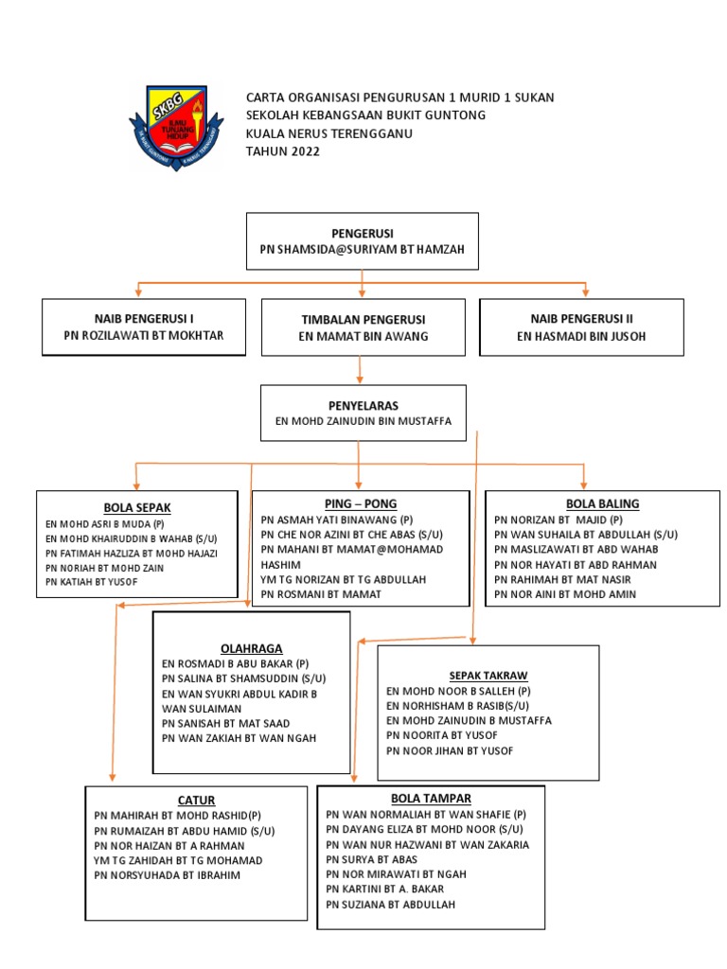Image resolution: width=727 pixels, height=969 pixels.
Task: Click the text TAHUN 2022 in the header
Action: pyautogui.click(x=283, y=151)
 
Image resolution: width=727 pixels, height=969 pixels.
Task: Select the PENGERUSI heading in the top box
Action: pyautogui.click(x=362, y=233)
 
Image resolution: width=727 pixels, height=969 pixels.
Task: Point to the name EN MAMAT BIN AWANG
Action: pyautogui.click(x=363, y=336)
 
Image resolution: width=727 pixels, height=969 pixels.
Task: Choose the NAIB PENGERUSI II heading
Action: pyautogui.click(x=581, y=319)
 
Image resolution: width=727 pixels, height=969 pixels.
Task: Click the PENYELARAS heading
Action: pyautogui.click(x=363, y=405)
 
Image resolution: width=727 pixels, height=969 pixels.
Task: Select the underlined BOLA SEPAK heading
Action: pyautogui.click(x=137, y=507)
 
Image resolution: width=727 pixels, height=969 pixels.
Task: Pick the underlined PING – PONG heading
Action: pyautogui.click(x=360, y=502)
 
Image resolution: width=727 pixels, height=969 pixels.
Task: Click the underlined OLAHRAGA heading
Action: pyautogui.click(x=252, y=647)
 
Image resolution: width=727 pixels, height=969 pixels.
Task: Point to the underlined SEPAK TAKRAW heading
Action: pyautogui.click(x=488, y=675)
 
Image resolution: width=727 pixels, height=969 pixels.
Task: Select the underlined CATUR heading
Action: pyautogui.click(x=196, y=801)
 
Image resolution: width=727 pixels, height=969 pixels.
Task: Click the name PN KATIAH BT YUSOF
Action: pyautogui.click(x=91, y=581)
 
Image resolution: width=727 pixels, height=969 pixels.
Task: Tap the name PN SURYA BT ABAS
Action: pyautogui.click(x=371, y=859)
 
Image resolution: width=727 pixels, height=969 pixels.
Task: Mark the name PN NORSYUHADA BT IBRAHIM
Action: pyautogui.click(x=168, y=875)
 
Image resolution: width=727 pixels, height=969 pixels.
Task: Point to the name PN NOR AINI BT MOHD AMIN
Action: pyautogui.click(x=565, y=594)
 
